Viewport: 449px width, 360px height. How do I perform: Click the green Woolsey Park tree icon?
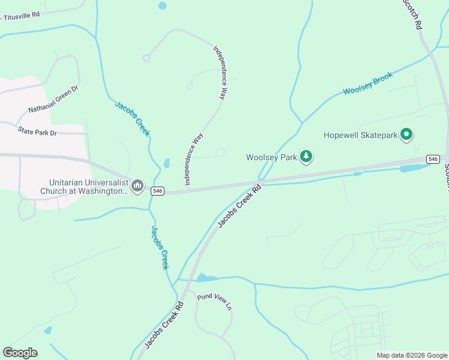coord(307,157)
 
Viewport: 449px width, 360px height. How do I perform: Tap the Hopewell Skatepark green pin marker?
coord(406,135)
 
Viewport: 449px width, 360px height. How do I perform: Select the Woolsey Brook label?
coord(367,83)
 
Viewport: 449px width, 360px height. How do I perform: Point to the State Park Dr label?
coord(37,131)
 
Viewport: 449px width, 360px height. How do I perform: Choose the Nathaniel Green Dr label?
coord(53,100)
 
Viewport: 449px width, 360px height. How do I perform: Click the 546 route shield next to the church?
coord(157,191)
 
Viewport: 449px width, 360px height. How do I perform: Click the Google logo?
coord(20,353)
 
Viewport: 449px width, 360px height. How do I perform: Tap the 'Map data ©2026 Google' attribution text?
coord(412,355)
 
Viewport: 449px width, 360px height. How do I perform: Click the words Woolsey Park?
coord(271,158)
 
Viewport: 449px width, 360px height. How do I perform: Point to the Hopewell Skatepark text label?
coord(360,136)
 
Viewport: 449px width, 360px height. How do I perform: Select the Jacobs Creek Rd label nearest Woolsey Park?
coord(240,206)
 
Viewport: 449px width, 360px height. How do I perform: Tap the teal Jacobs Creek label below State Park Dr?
coord(132,119)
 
